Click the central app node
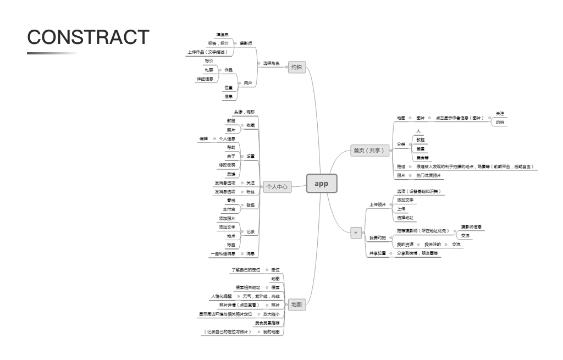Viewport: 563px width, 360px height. coord(322,184)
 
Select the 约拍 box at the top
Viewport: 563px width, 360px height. coord(296,67)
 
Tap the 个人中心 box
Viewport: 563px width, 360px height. coord(277,187)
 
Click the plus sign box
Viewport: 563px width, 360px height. coord(356,232)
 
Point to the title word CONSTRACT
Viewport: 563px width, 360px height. coord(88,37)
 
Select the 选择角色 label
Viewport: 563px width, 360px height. coord(271,64)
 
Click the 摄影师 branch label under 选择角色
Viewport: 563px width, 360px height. coord(246,43)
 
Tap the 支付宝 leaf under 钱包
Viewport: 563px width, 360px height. coord(229,209)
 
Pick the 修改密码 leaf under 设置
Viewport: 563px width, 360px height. coord(227,165)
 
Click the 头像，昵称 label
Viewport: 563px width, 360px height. coord(244,112)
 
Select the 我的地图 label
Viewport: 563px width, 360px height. coord(271,332)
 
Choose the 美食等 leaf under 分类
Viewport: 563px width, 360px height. coord(423,158)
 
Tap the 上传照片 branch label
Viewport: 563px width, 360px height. coord(377,204)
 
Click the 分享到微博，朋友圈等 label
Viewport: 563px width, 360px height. coord(418,253)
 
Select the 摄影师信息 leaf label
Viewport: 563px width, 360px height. coord(472,227)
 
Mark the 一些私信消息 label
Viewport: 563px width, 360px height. coord(223,254)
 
